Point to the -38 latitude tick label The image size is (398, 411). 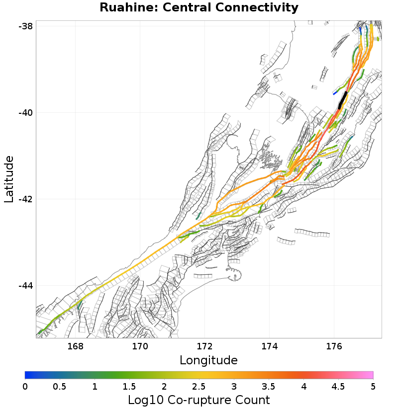pyautogui.click(x=25, y=26)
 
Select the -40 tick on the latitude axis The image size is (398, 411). pyautogui.click(x=25, y=113)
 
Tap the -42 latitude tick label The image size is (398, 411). pyautogui.click(x=25, y=199)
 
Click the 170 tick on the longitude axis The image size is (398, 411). pyautogui.click(x=140, y=346)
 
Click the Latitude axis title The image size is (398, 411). pyautogui.click(x=9, y=179)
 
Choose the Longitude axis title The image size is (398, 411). pyautogui.click(x=208, y=360)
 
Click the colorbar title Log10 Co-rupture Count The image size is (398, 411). pyautogui.click(x=199, y=400)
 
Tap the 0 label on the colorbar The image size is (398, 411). pyautogui.click(x=25, y=386)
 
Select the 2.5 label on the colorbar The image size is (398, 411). pyautogui.click(x=199, y=386)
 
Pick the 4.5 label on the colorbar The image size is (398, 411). pyautogui.click(x=338, y=386)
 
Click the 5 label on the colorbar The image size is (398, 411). pyautogui.click(x=373, y=386)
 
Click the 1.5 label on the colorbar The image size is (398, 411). pyautogui.click(x=129, y=386)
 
